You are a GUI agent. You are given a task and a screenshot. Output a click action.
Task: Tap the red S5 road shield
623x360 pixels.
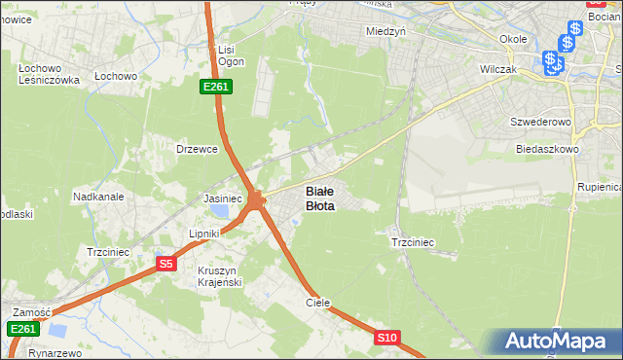(165, 264)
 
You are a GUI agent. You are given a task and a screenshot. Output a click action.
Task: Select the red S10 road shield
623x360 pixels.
(386, 338)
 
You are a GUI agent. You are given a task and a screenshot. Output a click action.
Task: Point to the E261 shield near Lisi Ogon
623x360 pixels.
(215, 88)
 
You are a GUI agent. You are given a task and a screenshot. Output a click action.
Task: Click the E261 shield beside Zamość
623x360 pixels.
(22, 330)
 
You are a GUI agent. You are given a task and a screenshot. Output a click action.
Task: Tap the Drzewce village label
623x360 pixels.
(195, 149)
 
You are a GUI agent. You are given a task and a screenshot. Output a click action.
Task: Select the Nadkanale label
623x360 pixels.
(98, 197)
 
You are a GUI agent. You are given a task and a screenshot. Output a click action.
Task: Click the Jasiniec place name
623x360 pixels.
(222, 198)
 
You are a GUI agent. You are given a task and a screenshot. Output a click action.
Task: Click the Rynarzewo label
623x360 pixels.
(55, 353)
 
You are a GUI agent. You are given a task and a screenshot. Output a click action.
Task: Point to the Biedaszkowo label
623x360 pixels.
(547, 150)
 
